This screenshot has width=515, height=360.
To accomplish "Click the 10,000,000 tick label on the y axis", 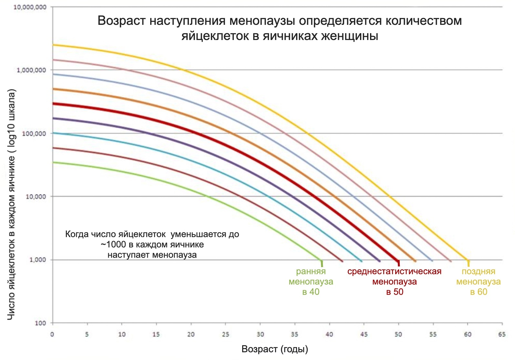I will (x=29, y=7).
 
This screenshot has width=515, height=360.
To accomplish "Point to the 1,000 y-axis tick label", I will (x=38, y=260).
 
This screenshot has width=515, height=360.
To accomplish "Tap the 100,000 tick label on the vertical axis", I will (x=34, y=133).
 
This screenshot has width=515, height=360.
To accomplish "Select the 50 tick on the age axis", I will (x=398, y=335).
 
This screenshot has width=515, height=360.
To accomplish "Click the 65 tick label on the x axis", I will (x=502, y=335).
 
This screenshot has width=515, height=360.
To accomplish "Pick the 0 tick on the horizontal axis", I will (x=52, y=335).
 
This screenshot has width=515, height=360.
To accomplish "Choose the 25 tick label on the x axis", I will (x=225, y=335).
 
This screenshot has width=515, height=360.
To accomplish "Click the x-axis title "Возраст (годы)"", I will (x=275, y=349).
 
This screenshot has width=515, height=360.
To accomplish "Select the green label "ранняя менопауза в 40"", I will (x=311, y=282).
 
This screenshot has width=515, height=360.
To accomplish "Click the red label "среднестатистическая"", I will (x=394, y=272).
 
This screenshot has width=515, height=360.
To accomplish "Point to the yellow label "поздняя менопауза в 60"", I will (x=478, y=282).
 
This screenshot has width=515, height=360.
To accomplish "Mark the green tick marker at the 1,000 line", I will (x=322, y=263).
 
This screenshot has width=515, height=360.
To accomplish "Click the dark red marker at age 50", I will (x=398, y=263).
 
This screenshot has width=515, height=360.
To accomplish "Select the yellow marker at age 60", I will (x=468, y=263).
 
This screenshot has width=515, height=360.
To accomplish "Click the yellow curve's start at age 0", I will (x=53, y=45).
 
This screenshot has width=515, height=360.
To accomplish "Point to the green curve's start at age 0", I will (x=53, y=162).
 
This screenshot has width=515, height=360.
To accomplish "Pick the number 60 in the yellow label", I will (x=482, y=292).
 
